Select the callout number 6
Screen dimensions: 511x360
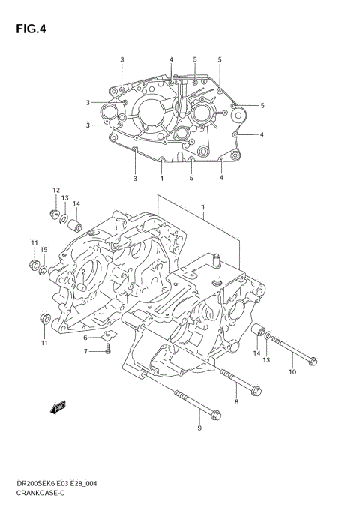[85, 338]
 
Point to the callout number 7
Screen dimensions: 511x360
[85, 351]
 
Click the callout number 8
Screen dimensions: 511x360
[236, 403]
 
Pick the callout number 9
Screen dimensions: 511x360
[199, 428]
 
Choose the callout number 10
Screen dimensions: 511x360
[292, 371]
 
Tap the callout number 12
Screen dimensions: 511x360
[55, 190]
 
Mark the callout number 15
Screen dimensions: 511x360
[44, 249]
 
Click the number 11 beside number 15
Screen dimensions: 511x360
[34, 242]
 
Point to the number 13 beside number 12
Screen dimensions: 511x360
[65, 197]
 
